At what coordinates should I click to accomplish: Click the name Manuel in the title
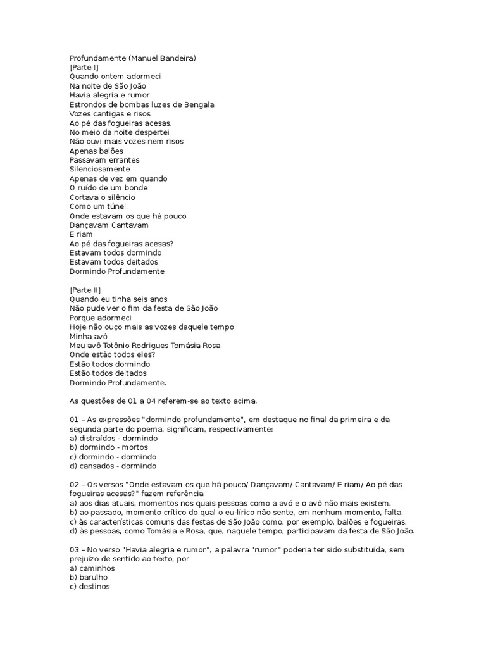tap(146, 58)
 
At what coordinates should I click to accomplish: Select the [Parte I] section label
tap(84, 67)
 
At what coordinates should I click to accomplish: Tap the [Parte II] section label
tap(85, 290)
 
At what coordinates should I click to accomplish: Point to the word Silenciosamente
tap(100, 170)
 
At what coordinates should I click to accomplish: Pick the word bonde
tap(137, 188)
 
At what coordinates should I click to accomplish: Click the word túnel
tap(116, 206)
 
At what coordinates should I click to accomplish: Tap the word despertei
tap(143, 132)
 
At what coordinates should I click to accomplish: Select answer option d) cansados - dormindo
tap(113, 466)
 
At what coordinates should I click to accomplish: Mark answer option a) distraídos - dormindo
tap(113, 438)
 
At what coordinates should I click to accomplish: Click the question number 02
tap(74, 485)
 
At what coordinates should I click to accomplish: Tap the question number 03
tap(74, 550)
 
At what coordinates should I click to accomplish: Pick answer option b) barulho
tap(89, 577)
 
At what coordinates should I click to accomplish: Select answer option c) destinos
tap(89, 587)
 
